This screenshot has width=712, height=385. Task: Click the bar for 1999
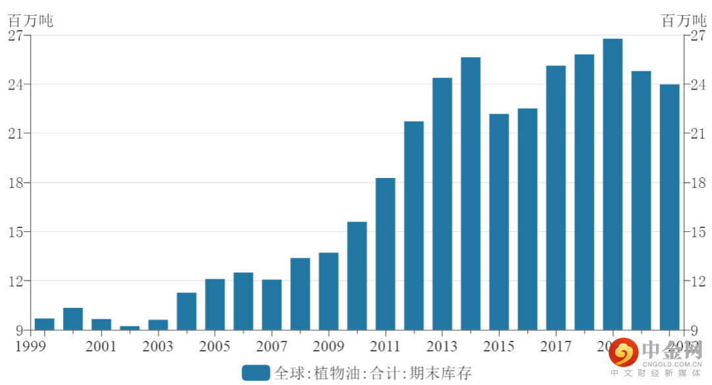click(45, 324)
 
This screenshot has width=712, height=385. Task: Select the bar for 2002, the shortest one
click(130, 328)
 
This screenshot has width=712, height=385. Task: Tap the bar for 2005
click(215, 305)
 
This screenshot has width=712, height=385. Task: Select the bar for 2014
click(471, 194)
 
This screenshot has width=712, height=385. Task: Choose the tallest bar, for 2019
click(612, 185)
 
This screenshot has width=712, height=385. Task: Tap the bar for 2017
click(556, 198)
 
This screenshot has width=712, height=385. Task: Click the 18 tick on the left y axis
click(16, 183)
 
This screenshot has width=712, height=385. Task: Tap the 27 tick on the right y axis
click(697, 36)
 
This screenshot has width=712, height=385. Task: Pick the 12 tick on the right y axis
click(697, 281)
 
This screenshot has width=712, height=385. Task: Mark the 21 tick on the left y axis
click(16, 134)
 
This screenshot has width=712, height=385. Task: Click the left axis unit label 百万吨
click(30, 20)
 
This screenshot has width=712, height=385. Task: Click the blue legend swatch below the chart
click(256, 373)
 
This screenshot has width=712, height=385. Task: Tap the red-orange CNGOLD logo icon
click(622, 355)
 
